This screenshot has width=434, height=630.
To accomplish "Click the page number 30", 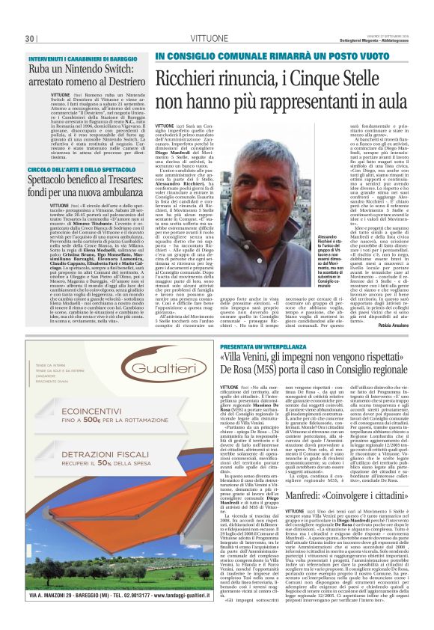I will (31, 39).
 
